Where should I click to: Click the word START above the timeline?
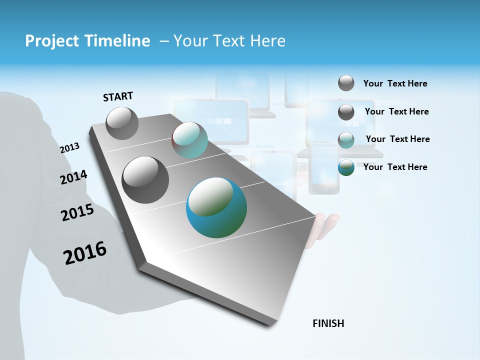(118, 96)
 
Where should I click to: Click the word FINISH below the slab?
(328, 323)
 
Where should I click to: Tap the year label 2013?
(69, 147)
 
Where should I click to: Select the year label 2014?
(73, 177)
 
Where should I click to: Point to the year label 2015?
(77, 212)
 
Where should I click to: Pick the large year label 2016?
(85, 252)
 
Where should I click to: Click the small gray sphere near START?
(122, 123)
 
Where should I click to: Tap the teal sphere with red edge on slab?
(189, 140)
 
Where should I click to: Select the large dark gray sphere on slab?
(145, 180)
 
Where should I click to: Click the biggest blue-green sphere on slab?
(216, 207)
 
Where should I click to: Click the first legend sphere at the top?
(346, 83)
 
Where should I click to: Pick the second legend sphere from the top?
(346, 112)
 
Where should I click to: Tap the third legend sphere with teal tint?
(346, 140)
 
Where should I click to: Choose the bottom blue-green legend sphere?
(346, 167)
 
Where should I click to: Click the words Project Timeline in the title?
(87, 41)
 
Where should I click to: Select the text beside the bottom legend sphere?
(395, 167)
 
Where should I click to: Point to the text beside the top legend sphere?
(395, 83)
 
